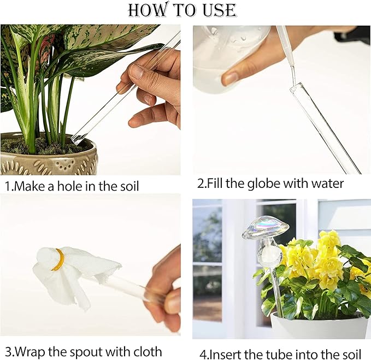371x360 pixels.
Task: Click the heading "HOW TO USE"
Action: [x=182, y=10]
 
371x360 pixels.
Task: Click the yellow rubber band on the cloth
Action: [x=58, y=260]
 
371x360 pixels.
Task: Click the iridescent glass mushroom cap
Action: [x=266, y=227]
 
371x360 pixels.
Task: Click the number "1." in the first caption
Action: [x=9, y=186]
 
